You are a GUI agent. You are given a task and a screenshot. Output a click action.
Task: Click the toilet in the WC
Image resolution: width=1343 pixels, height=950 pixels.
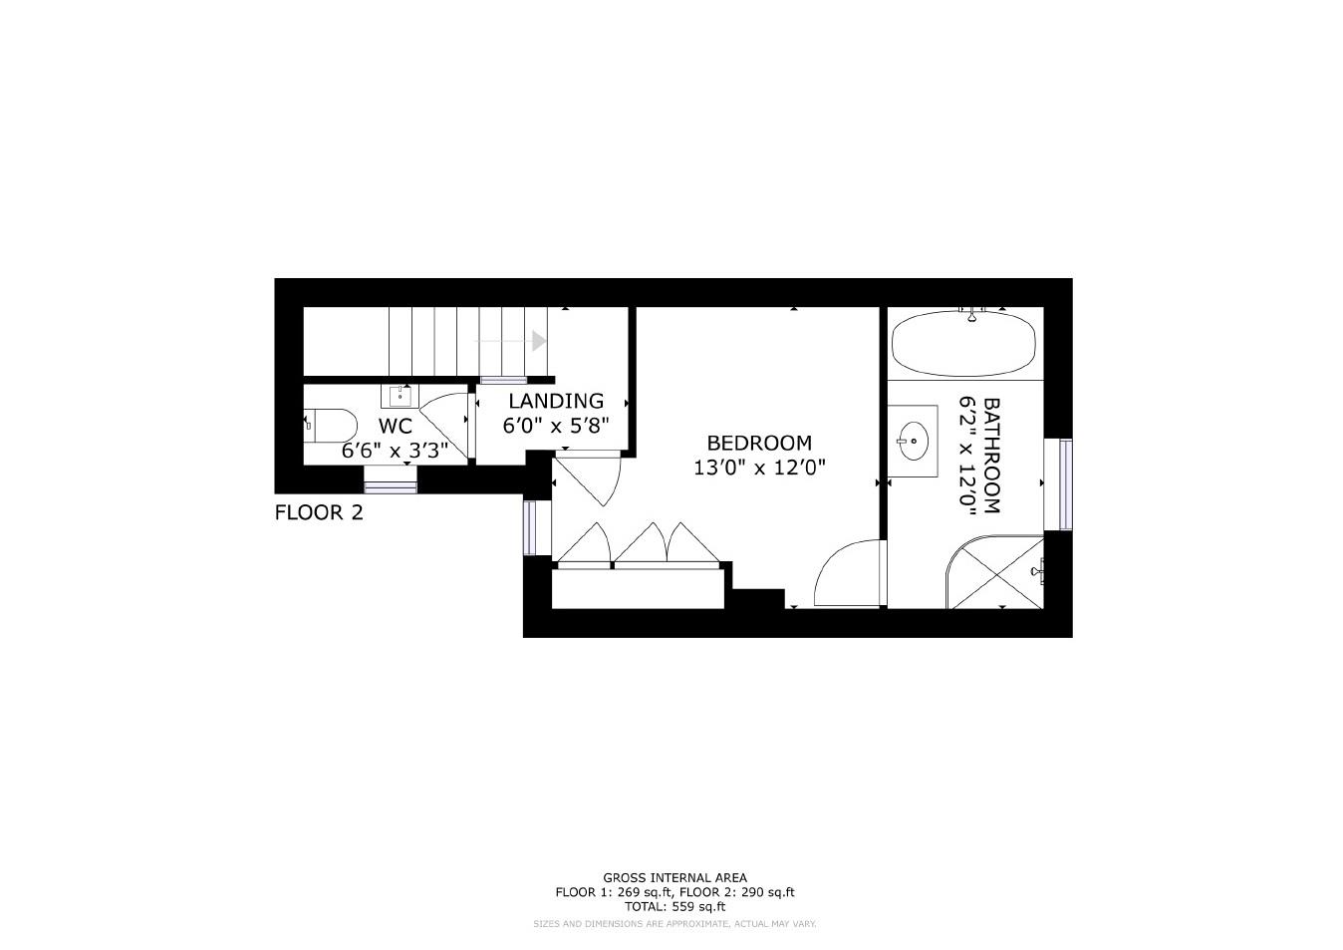pos(331,426)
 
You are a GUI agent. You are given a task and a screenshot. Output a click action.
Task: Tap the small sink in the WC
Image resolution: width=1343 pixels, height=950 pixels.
pos(401,396)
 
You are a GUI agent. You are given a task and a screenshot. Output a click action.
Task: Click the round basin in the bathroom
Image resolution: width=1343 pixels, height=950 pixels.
pos(913,437)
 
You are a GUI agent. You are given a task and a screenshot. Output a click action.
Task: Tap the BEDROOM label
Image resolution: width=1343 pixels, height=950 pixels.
pos(759,443)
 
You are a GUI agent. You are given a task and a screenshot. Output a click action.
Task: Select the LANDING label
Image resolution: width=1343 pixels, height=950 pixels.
pos(556,401)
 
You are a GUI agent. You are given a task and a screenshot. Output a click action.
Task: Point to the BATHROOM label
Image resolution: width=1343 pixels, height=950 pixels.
pos(991,456)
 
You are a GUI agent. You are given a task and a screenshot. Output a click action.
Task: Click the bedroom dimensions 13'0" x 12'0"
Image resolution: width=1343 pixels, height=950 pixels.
pos(759,467)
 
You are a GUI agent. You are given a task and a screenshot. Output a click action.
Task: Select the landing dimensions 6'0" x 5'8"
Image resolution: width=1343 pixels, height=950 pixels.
pos(555,425)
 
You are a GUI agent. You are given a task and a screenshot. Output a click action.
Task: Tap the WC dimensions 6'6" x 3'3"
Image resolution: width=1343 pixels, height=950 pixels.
pos(395,451)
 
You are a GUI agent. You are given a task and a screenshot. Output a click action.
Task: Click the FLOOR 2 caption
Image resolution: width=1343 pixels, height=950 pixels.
pos(319,513)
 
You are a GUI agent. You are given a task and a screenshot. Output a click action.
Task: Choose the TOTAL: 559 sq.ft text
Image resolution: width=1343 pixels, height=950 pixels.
pos(674,907)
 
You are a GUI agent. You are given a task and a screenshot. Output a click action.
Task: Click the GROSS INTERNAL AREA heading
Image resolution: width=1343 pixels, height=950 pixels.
pos(674,878)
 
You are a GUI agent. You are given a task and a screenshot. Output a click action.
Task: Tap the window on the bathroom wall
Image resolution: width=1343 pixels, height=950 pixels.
pos(1065,484)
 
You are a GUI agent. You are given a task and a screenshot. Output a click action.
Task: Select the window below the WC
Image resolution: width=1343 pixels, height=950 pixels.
pos(390,486)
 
